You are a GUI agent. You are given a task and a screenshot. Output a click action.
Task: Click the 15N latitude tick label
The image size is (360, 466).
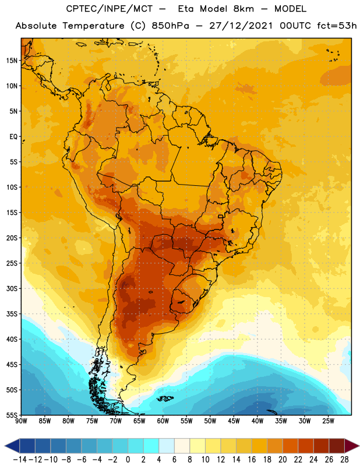tap(12, 61)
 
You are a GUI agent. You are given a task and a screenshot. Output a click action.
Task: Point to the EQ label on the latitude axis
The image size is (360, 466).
tap(13, 137)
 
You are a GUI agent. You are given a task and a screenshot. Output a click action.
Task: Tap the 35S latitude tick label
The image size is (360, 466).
tap(12, 314)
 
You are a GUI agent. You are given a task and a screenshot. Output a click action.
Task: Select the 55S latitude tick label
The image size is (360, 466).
tap(12, 415)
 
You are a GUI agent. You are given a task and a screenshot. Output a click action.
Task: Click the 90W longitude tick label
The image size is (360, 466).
tap(21, 421)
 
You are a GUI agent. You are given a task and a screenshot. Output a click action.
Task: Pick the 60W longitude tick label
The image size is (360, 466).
tap(163, 421)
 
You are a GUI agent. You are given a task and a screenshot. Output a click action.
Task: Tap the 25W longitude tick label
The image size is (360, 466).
tap(328, 421)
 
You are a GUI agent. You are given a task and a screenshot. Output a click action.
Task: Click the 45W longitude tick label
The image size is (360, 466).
tap(234, 421)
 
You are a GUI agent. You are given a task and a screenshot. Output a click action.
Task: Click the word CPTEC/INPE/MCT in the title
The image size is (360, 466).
tap(109, 9)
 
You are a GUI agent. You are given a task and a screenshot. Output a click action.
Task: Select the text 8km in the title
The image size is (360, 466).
tap(243, 9)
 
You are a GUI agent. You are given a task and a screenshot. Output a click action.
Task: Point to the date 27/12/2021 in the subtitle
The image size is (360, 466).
tap(241, 26)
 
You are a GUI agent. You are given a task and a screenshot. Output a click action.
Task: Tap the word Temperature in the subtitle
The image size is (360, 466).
tap(93, 26)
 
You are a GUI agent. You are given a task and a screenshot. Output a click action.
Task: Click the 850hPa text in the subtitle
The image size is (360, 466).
tap(170, 26)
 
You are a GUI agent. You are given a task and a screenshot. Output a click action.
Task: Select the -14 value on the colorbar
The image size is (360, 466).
tap(20, 460)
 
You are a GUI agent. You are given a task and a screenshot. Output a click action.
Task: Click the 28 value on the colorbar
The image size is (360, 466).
tap(344, 460)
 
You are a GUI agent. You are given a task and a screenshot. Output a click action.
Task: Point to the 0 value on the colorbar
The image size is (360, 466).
tap(128, 460)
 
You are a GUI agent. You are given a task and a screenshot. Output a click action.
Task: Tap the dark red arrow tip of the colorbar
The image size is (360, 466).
tap(352, 446)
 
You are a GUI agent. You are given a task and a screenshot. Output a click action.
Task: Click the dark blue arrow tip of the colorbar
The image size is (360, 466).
tap(12, 446)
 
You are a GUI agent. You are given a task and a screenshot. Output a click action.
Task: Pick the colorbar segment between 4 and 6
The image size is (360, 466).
tap(167, 446)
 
